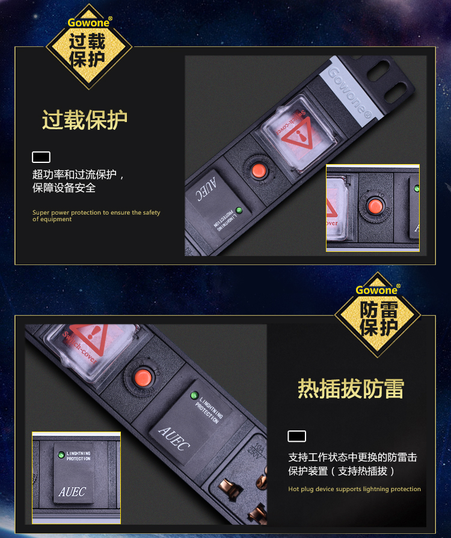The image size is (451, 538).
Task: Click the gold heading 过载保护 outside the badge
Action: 84,120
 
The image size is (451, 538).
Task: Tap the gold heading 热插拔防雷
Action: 351,389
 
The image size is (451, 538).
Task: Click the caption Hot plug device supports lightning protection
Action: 354,489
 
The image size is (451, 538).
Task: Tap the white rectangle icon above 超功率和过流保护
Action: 41,157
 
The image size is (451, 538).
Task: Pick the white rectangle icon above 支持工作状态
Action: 296,436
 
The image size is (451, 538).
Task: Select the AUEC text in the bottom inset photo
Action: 73,492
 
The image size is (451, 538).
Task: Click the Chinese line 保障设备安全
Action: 64,188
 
